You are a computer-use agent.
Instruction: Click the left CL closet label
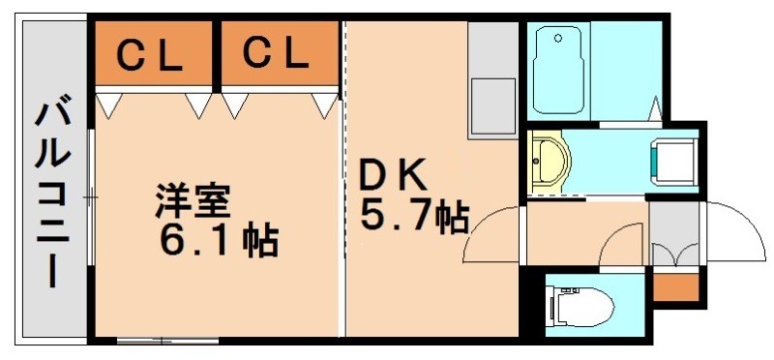pyautogui.click(x=151, y=56)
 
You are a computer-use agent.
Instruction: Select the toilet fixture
pyautogui.click(x=580, y=307)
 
